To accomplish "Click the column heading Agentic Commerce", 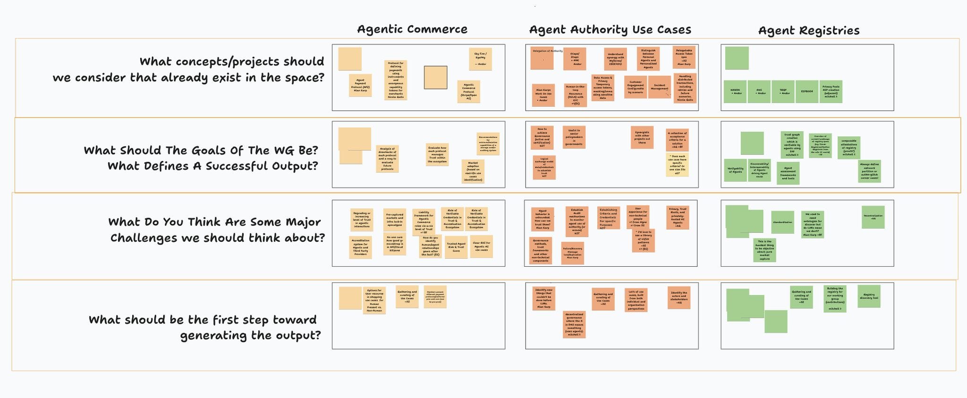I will [x=412, y=29].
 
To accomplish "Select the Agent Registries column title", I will [x=808, y=31].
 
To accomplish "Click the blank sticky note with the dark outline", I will [x=435, y=77].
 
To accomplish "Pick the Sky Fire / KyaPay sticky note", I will [x=480, y=59].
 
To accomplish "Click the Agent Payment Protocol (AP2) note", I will [x=360, y=85].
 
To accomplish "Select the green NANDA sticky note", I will [x=736, y=92].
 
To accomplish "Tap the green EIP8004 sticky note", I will [x=807, y=92].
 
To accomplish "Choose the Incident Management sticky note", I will [x=660, y=87].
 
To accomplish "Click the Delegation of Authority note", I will [x=542, y=58].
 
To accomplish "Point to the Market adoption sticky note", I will [x=473, y=171].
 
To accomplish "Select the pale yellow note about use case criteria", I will [x=677, y=165].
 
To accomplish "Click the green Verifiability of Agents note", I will [x=735, y=170].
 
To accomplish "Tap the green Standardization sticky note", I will [x=782, y=222].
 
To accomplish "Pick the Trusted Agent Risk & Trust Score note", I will [x=456, y=247].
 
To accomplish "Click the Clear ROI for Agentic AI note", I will [x=481, y=246].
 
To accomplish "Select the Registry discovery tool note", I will [x=869, y=296].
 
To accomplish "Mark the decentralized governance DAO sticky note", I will [x=574, y=324].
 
